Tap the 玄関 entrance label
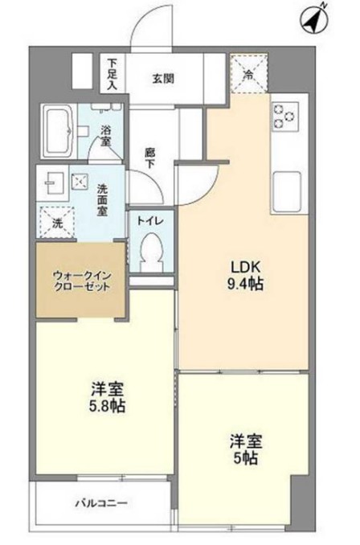pos(165,80)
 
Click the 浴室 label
pos(105,134)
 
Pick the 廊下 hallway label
pos(150,155)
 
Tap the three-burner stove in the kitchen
pos(287,116)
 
